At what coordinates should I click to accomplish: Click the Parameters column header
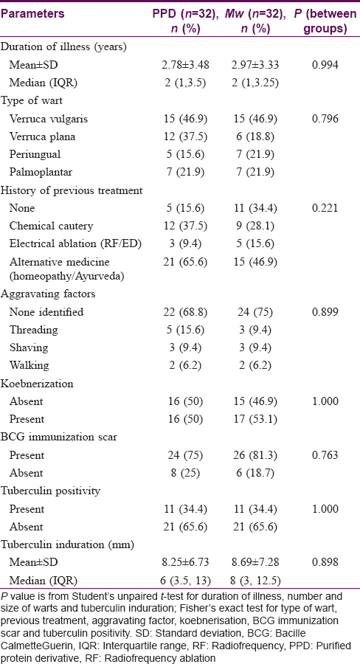tap(33, 14)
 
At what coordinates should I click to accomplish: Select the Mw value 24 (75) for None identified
tap(254, 313)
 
